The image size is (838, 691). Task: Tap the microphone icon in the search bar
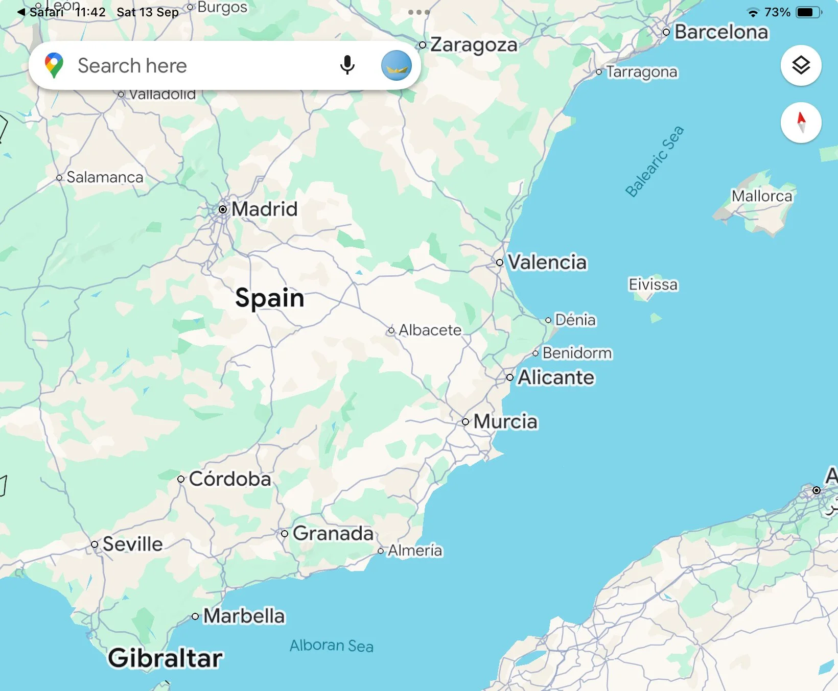click(347, 65)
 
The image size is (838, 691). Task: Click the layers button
click(801, 65)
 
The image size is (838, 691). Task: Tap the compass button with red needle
click(801, 123)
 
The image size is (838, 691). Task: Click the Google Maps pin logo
click(54, 65)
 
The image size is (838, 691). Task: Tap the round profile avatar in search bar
click(397, 65)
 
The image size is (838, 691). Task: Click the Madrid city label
click(264, 209)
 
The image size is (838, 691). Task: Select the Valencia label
click(547, 262)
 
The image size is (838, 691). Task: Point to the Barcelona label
click(721, 32)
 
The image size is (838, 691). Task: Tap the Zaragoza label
click(474, 45)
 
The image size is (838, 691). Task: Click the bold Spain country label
click(270, 298)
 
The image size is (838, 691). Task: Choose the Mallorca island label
click(761, 196)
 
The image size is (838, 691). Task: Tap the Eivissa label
click(653, 284)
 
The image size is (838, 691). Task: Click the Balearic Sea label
click(655, 161)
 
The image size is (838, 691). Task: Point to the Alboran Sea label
click(332, 646)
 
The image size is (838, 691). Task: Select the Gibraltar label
click(165, 658)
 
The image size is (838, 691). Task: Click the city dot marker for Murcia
click(465, 422)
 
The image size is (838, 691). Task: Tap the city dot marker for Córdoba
click(181, 479)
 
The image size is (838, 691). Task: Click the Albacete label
click(430, 330)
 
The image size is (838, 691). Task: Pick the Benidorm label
click(577, 353)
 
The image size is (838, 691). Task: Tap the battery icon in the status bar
click(808, 12)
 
